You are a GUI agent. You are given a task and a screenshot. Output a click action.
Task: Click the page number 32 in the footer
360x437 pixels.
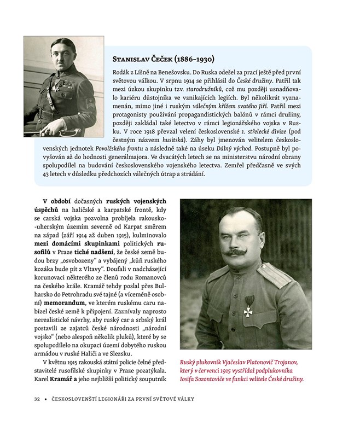click(37, 399)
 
